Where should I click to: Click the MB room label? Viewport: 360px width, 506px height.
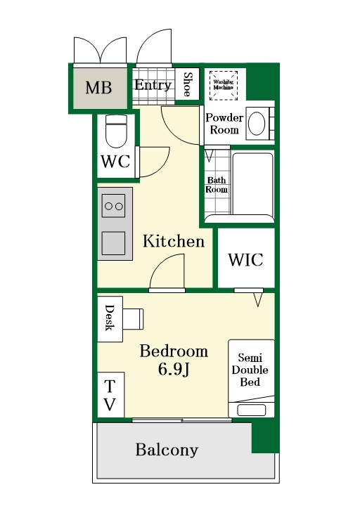[99, 87]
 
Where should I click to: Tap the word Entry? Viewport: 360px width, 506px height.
[153, 85]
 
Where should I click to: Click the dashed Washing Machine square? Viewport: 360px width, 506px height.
[224, 86]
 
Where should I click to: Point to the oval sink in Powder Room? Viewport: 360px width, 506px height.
[257, 124]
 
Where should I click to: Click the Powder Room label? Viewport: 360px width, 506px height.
[224, 124]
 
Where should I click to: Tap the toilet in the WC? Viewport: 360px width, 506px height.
[116, 131]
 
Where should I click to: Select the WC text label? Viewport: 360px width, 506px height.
[115, 161]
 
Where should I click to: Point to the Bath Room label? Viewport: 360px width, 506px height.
[217, 185]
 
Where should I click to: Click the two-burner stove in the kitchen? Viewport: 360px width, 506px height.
[114, 206]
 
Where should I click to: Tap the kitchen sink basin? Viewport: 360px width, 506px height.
[114, 243]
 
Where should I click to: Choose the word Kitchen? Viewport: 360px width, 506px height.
[174, 241]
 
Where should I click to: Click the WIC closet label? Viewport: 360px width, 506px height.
[245, 260]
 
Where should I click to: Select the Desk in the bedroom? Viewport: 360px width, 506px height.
[110, 319]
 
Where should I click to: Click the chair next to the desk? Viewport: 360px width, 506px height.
[133, 319]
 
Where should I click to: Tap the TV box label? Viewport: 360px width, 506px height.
[110, 395]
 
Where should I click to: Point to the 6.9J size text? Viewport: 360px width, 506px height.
[174, 369]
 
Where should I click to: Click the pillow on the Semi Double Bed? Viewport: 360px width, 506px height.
[252, 410]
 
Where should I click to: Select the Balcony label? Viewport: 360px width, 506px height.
[167, 450]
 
